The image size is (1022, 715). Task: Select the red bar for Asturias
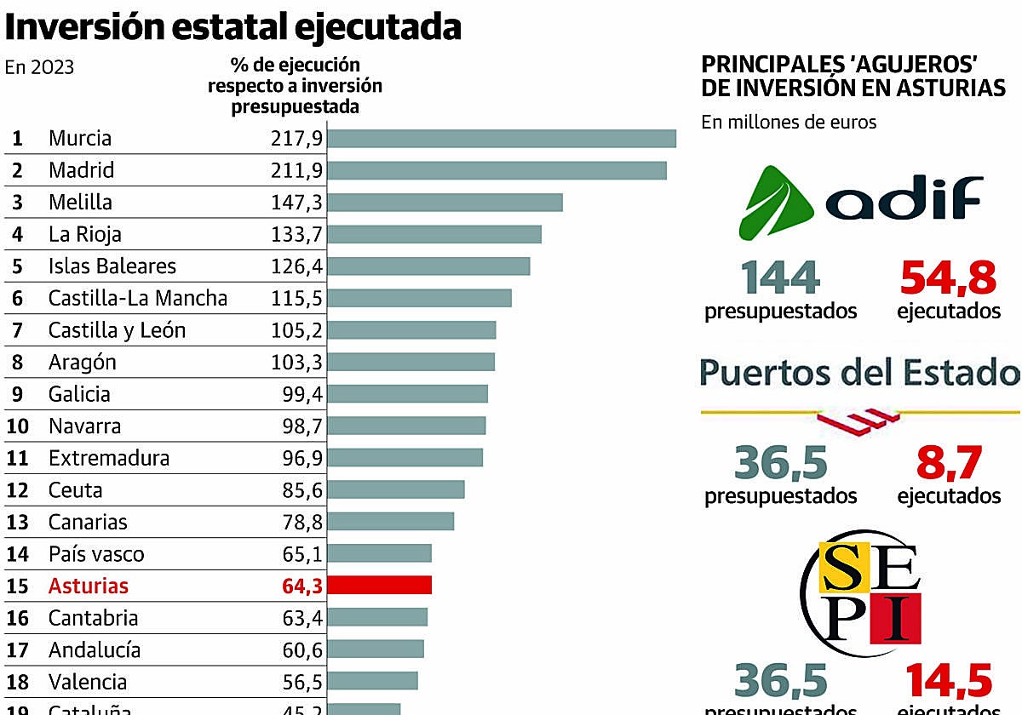click(379, 585)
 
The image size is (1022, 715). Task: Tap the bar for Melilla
click(445, 202)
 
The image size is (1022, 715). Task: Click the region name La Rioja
click(85, 234)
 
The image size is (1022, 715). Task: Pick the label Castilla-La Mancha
click(138, 298)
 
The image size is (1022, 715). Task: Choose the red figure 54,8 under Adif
click(948, 277)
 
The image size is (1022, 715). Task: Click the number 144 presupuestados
click(780, 277)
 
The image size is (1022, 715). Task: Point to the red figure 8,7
click(949, 463)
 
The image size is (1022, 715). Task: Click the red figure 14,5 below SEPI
click(949, 682)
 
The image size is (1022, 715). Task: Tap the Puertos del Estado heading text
click(858, 373)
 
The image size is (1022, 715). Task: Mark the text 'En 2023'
click(39, 67)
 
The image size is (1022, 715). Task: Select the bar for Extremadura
click(405, 457)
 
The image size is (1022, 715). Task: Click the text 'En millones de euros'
click(789, 122)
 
